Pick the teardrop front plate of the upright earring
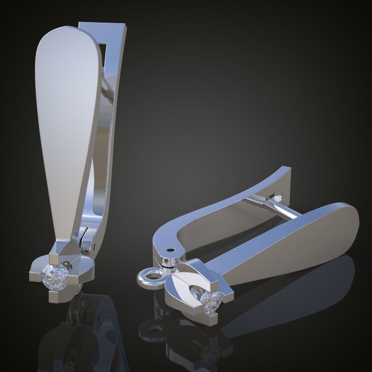point(65,120)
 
